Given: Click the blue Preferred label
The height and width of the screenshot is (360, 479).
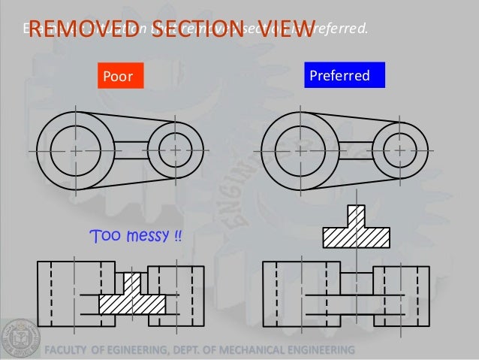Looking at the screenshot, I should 344,75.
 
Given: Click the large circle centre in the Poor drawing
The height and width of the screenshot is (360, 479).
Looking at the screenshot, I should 76,150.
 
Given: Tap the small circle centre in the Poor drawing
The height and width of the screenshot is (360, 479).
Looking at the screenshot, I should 175,150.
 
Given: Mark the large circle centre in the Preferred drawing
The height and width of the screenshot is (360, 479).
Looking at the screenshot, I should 300,150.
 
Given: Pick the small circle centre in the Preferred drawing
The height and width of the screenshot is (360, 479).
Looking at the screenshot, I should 399,150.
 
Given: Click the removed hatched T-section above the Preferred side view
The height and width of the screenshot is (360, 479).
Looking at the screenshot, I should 356,231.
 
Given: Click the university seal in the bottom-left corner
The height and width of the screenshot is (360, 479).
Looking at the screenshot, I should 20,338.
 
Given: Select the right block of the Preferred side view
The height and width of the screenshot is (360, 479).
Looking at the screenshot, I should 402,295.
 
